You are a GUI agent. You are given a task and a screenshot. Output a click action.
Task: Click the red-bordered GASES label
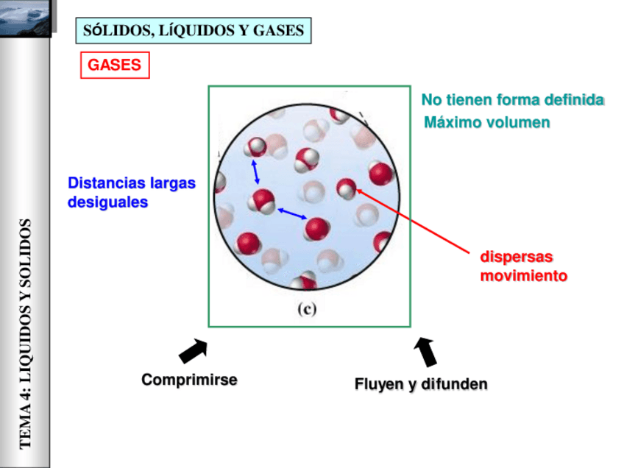(114, 65)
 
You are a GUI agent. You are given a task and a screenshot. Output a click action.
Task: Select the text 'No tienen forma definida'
(512, 100)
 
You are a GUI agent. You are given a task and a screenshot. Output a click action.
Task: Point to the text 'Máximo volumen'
(486, 122)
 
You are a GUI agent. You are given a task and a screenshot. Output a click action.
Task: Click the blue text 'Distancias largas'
(132, 183)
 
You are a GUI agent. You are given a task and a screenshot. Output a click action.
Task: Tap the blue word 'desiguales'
(107, 201)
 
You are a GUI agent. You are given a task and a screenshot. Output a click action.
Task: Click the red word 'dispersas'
(517, 258)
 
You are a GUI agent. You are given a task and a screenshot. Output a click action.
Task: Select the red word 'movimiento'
(523, 276)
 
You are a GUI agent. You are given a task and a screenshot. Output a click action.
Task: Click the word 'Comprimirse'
(189, 380)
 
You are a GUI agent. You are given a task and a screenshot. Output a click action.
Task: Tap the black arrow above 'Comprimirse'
(192, 352)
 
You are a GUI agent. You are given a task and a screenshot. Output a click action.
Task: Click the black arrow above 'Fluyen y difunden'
(426, 352)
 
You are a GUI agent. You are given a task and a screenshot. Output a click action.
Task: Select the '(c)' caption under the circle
(307, 309)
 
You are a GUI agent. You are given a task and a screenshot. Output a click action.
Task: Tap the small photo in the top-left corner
(26, 18)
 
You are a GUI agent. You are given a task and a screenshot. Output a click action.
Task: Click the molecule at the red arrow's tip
(347, 188)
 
